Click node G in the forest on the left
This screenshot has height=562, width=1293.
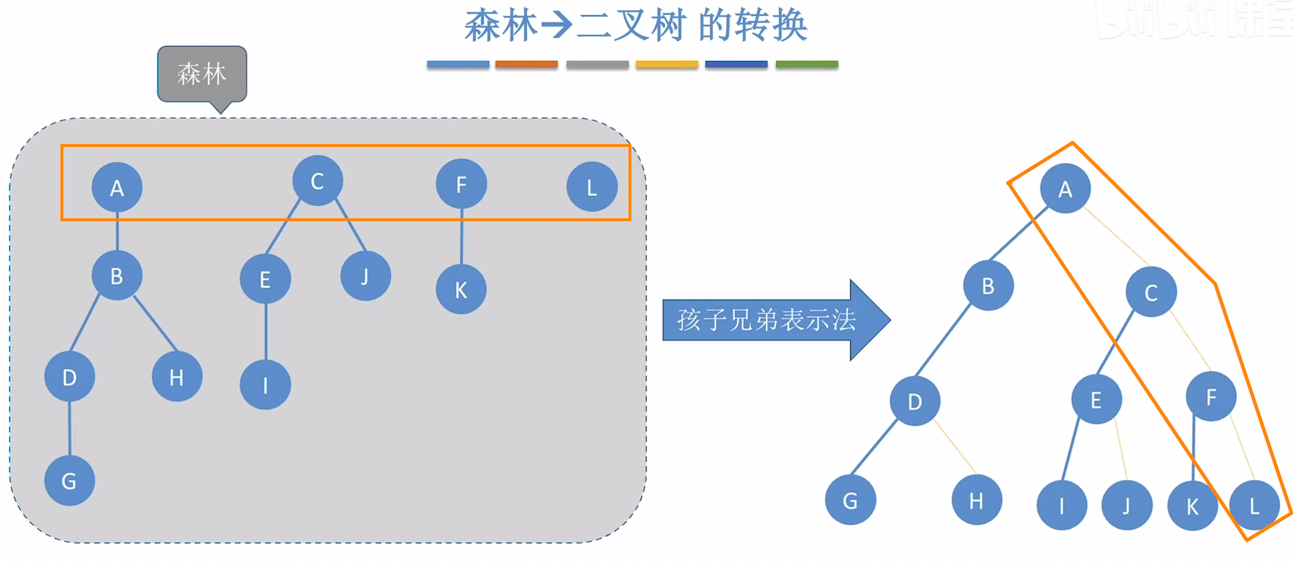pos(70,481)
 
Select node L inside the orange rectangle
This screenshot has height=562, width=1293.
pos(592,187)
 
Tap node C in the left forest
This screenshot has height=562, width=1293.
pos(317,181)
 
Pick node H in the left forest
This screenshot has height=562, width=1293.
pos(177,376)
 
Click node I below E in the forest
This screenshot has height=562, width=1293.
pos(266,385)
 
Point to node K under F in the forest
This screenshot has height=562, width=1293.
pos(461,290)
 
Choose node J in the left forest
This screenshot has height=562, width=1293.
pos(366,276)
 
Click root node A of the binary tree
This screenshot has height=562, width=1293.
pos(1066,189)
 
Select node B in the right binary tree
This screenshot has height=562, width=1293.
pos(988,285)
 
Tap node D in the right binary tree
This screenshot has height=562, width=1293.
pos(915,401)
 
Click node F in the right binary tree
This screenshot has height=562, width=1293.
pos(1212,396)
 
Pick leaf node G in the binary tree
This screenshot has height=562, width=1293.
pos(850,500)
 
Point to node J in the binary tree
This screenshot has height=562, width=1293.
pos(1127,506)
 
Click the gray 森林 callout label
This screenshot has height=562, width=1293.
pos(202,73)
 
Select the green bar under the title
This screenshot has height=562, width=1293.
pos(806,65)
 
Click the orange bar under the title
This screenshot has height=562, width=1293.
pos(526,65)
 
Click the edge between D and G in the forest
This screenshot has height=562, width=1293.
pos(70,429)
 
